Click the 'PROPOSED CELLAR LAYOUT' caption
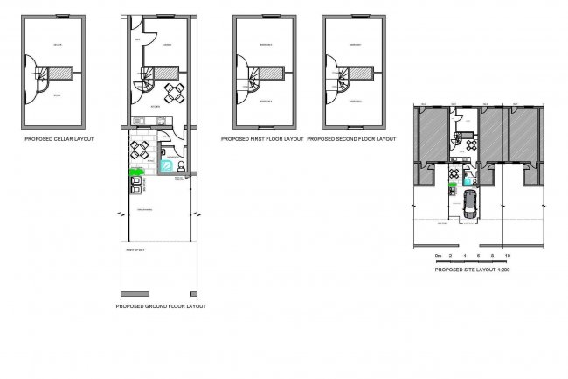tap(57, 138)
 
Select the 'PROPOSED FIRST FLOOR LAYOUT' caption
tap(262, 138)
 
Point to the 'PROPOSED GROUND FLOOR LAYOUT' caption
tap(161, 307)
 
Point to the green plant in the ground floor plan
tap(135, 173)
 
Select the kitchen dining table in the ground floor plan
tap(176, 93)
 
